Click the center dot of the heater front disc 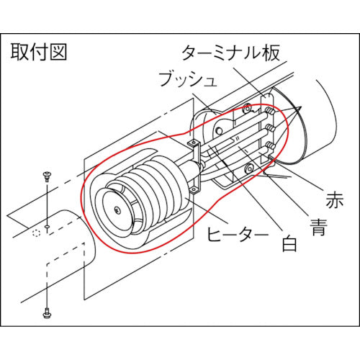(117, 210)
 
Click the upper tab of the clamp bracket (194, 145)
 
